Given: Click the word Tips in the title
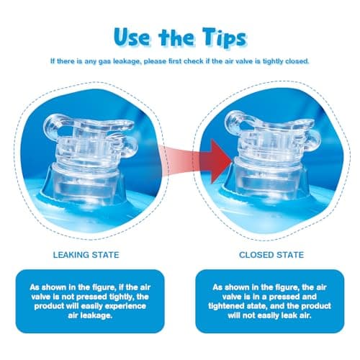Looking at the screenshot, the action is coord(224,37).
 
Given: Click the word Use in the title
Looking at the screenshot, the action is coord(132,37).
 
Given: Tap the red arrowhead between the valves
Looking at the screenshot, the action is coord(220,161).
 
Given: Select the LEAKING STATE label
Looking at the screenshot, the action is coord(86,255).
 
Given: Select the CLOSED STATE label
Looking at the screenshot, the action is coord(271,255).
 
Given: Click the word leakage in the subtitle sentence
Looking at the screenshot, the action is coord(126,61).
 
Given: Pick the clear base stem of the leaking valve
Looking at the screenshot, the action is coord(85,182).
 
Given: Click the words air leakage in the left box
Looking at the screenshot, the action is coord(90,315).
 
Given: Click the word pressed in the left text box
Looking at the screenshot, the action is coord(91,297).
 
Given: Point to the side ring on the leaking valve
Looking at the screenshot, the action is coord(127,147).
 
